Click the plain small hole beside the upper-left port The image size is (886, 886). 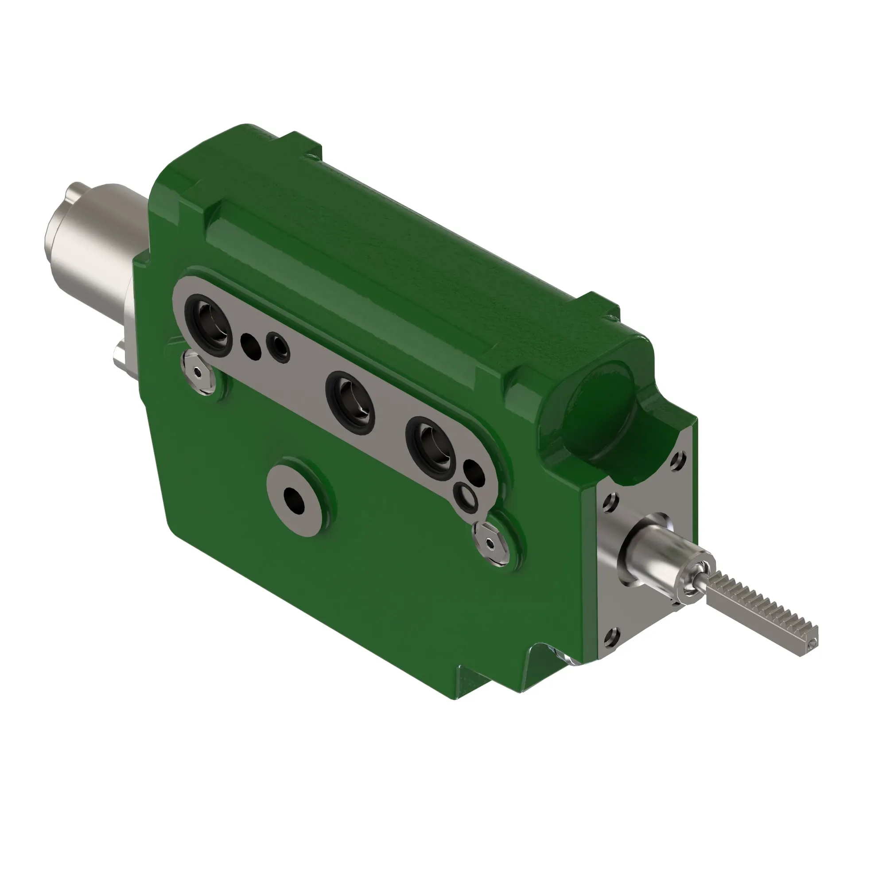tap(250, 345)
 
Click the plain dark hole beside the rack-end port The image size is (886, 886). tap(474, 473)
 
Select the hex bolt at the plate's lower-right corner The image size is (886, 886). tap(491, 544)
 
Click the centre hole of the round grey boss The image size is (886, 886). tap(294, 500)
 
